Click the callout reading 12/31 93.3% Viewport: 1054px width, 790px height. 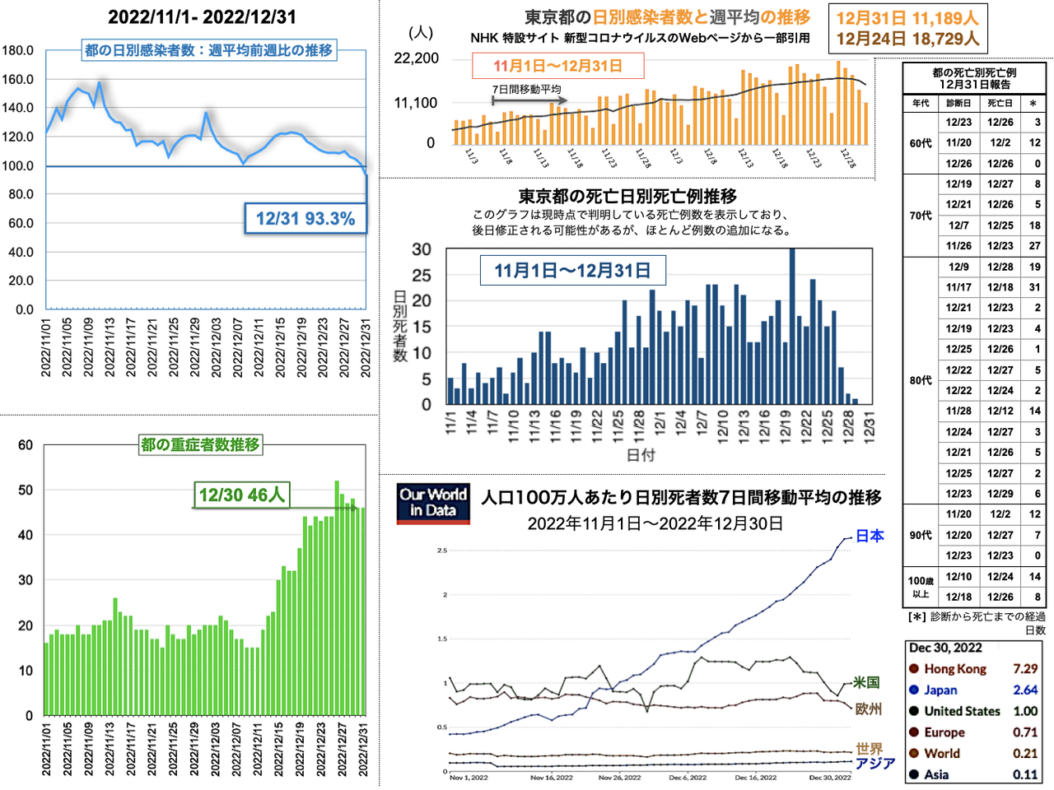305,219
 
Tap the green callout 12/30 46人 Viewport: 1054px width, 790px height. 241,495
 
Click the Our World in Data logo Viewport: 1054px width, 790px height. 433,503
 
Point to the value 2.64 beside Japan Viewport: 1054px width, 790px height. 1025,690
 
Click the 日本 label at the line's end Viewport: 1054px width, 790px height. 870,537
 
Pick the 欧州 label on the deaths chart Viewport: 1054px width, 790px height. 868,709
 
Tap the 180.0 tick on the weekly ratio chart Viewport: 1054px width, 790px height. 17,51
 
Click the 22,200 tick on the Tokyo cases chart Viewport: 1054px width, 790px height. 417,58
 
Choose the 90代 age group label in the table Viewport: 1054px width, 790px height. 921,535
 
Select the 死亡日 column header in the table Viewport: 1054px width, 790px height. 1000,103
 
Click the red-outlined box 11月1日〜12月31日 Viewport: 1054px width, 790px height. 557,66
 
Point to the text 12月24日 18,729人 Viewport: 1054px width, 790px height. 907,38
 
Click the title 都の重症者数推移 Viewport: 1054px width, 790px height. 200,445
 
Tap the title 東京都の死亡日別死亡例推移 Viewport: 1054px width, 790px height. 627,196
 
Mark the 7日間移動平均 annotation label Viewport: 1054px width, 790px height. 527,89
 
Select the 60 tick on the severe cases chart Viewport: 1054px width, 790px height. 26,445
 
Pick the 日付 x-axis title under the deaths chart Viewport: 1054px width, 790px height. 641,455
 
